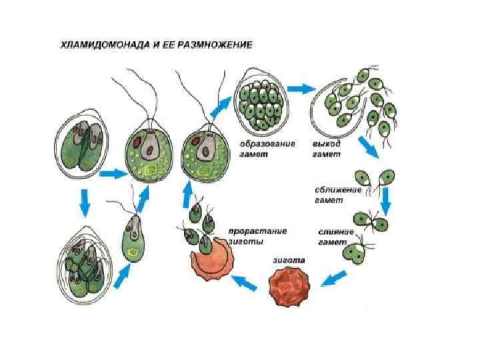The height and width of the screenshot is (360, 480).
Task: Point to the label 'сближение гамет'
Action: (x=338, y=194)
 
